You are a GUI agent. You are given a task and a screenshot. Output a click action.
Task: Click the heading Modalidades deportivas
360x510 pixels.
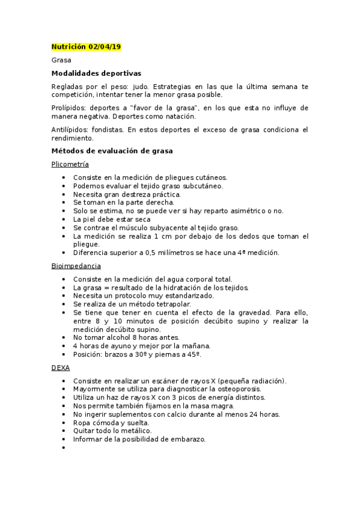coord(96,73)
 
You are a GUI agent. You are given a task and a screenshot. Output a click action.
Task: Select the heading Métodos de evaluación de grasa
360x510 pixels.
coord(112,151)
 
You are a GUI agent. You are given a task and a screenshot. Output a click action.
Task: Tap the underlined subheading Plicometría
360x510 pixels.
coord(70,164)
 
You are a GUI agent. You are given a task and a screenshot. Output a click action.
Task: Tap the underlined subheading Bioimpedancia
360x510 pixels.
coord(76,266)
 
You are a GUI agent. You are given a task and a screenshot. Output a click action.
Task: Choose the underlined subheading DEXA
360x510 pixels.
coord(61,367)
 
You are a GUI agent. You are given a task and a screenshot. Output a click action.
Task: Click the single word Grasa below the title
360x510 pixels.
coord(61,60)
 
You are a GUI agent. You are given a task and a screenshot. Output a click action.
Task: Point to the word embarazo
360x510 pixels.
coord(189,440)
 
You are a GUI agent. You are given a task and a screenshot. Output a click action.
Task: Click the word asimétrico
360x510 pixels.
coord(240,211)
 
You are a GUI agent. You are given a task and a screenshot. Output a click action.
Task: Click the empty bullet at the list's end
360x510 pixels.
coord(64,448)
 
